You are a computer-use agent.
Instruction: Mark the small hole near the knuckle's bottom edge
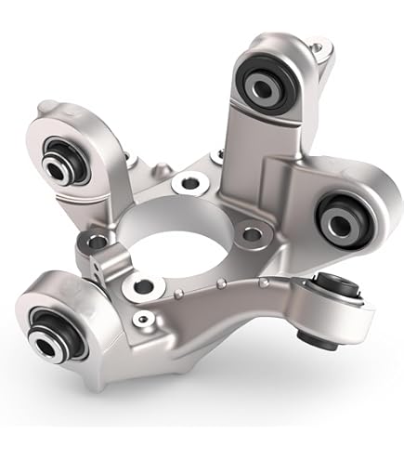pos(140,320)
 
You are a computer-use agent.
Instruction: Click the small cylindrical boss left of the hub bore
pos(111,257)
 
